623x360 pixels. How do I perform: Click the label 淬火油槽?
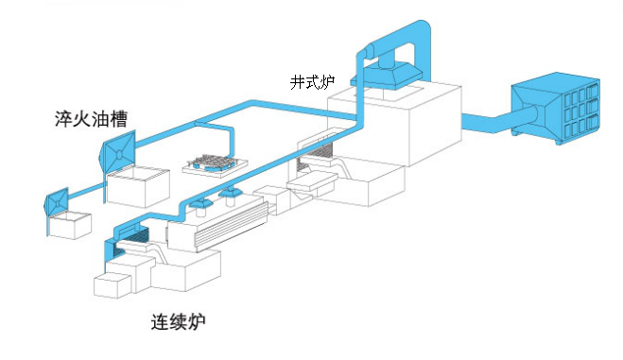click(x=92, y=119)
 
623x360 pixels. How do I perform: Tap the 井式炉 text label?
click(x=312, y=81)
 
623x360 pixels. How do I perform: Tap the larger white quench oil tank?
click(x=131, y=187)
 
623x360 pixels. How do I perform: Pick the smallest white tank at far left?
click(x=71, y=225)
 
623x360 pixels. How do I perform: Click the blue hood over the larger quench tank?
click(x=121, y=151)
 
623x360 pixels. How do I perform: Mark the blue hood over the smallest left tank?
click(x=58, y=200)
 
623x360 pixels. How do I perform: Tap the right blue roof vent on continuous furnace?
click(x=230, y=196)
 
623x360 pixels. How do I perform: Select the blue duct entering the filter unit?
click(x=488, y=121)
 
